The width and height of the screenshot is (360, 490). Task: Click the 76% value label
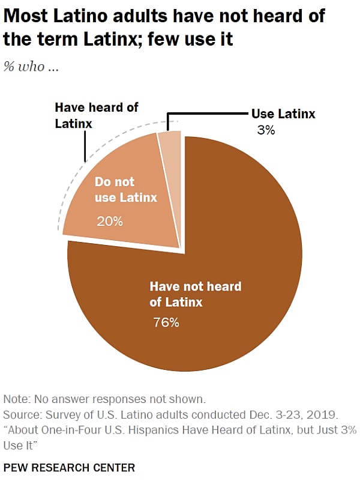166,322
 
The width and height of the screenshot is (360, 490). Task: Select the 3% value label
266,129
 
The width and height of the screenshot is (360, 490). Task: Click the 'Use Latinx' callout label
283,113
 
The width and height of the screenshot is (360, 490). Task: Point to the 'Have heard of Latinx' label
96,113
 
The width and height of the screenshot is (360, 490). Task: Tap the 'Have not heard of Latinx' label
195,294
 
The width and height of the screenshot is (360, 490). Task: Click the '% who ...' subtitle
32,67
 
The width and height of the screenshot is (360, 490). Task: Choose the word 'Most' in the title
23,16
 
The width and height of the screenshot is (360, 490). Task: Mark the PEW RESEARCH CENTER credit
69,467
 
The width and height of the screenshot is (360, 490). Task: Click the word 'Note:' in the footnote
17,399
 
